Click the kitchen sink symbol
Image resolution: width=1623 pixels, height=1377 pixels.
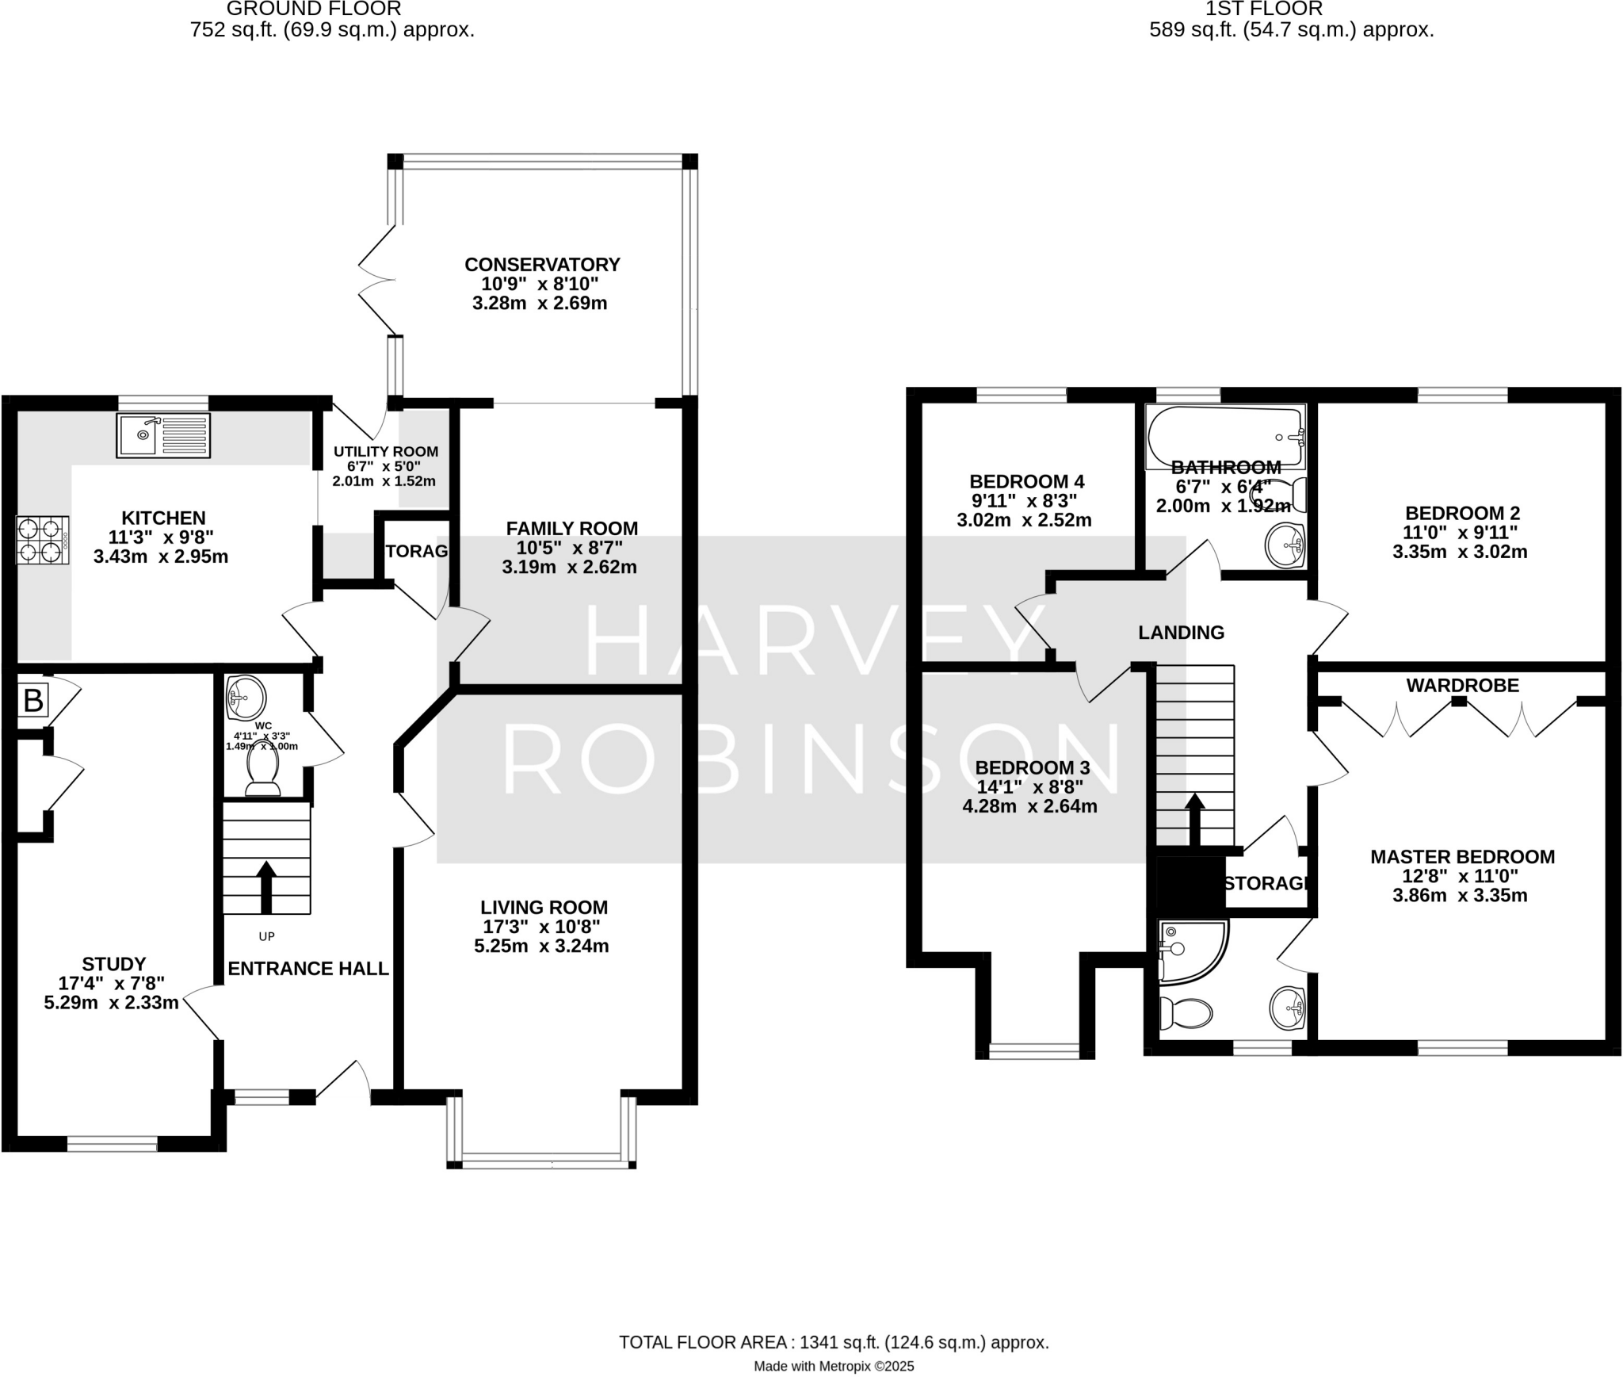(163, 435)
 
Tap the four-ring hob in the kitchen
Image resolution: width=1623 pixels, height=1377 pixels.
(42, 540)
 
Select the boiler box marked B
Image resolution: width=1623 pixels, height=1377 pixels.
(33, 701)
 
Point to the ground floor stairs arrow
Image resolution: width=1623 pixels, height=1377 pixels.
(266, 886)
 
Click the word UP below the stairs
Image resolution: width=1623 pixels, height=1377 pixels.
(266, 936)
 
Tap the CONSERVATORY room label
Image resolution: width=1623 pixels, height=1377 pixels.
(542, 264)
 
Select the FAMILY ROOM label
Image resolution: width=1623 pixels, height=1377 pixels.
(571, 528)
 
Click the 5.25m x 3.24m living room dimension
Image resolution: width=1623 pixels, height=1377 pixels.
(541, 946)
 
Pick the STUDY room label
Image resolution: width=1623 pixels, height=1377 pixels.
(113, 964)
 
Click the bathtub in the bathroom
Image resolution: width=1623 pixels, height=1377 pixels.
(1224, 436)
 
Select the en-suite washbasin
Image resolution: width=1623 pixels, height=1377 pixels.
(1287, 1008)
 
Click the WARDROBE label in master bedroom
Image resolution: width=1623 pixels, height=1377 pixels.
(1462, 685)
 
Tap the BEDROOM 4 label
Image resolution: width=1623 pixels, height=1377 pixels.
(1026, 481)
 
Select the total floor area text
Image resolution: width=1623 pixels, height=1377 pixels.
(833, 1276)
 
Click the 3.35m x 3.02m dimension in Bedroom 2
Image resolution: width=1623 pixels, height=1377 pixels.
(1460, 552)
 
